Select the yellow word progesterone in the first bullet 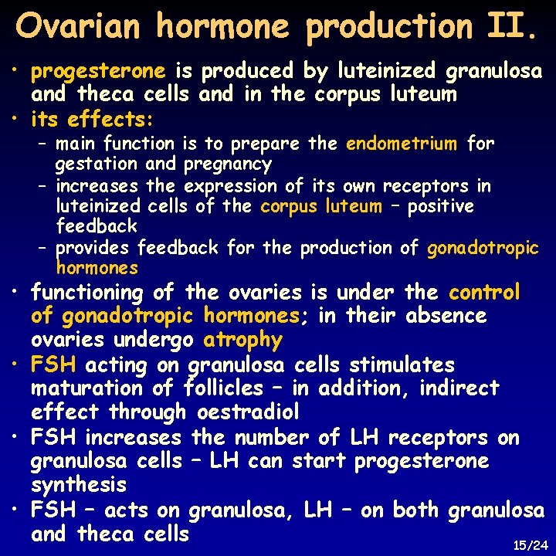click(x=98, y=72)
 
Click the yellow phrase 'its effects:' click(x=93, y=120)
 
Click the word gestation click(x=97, y=164)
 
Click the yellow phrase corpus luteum click(x=321, y=206)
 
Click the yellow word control click(x=485, y=293)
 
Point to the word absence click(x=449, y=316)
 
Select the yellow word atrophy click(x=243, y=340)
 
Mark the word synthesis click(x=78, y=485)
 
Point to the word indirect click(x=462, y=388)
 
